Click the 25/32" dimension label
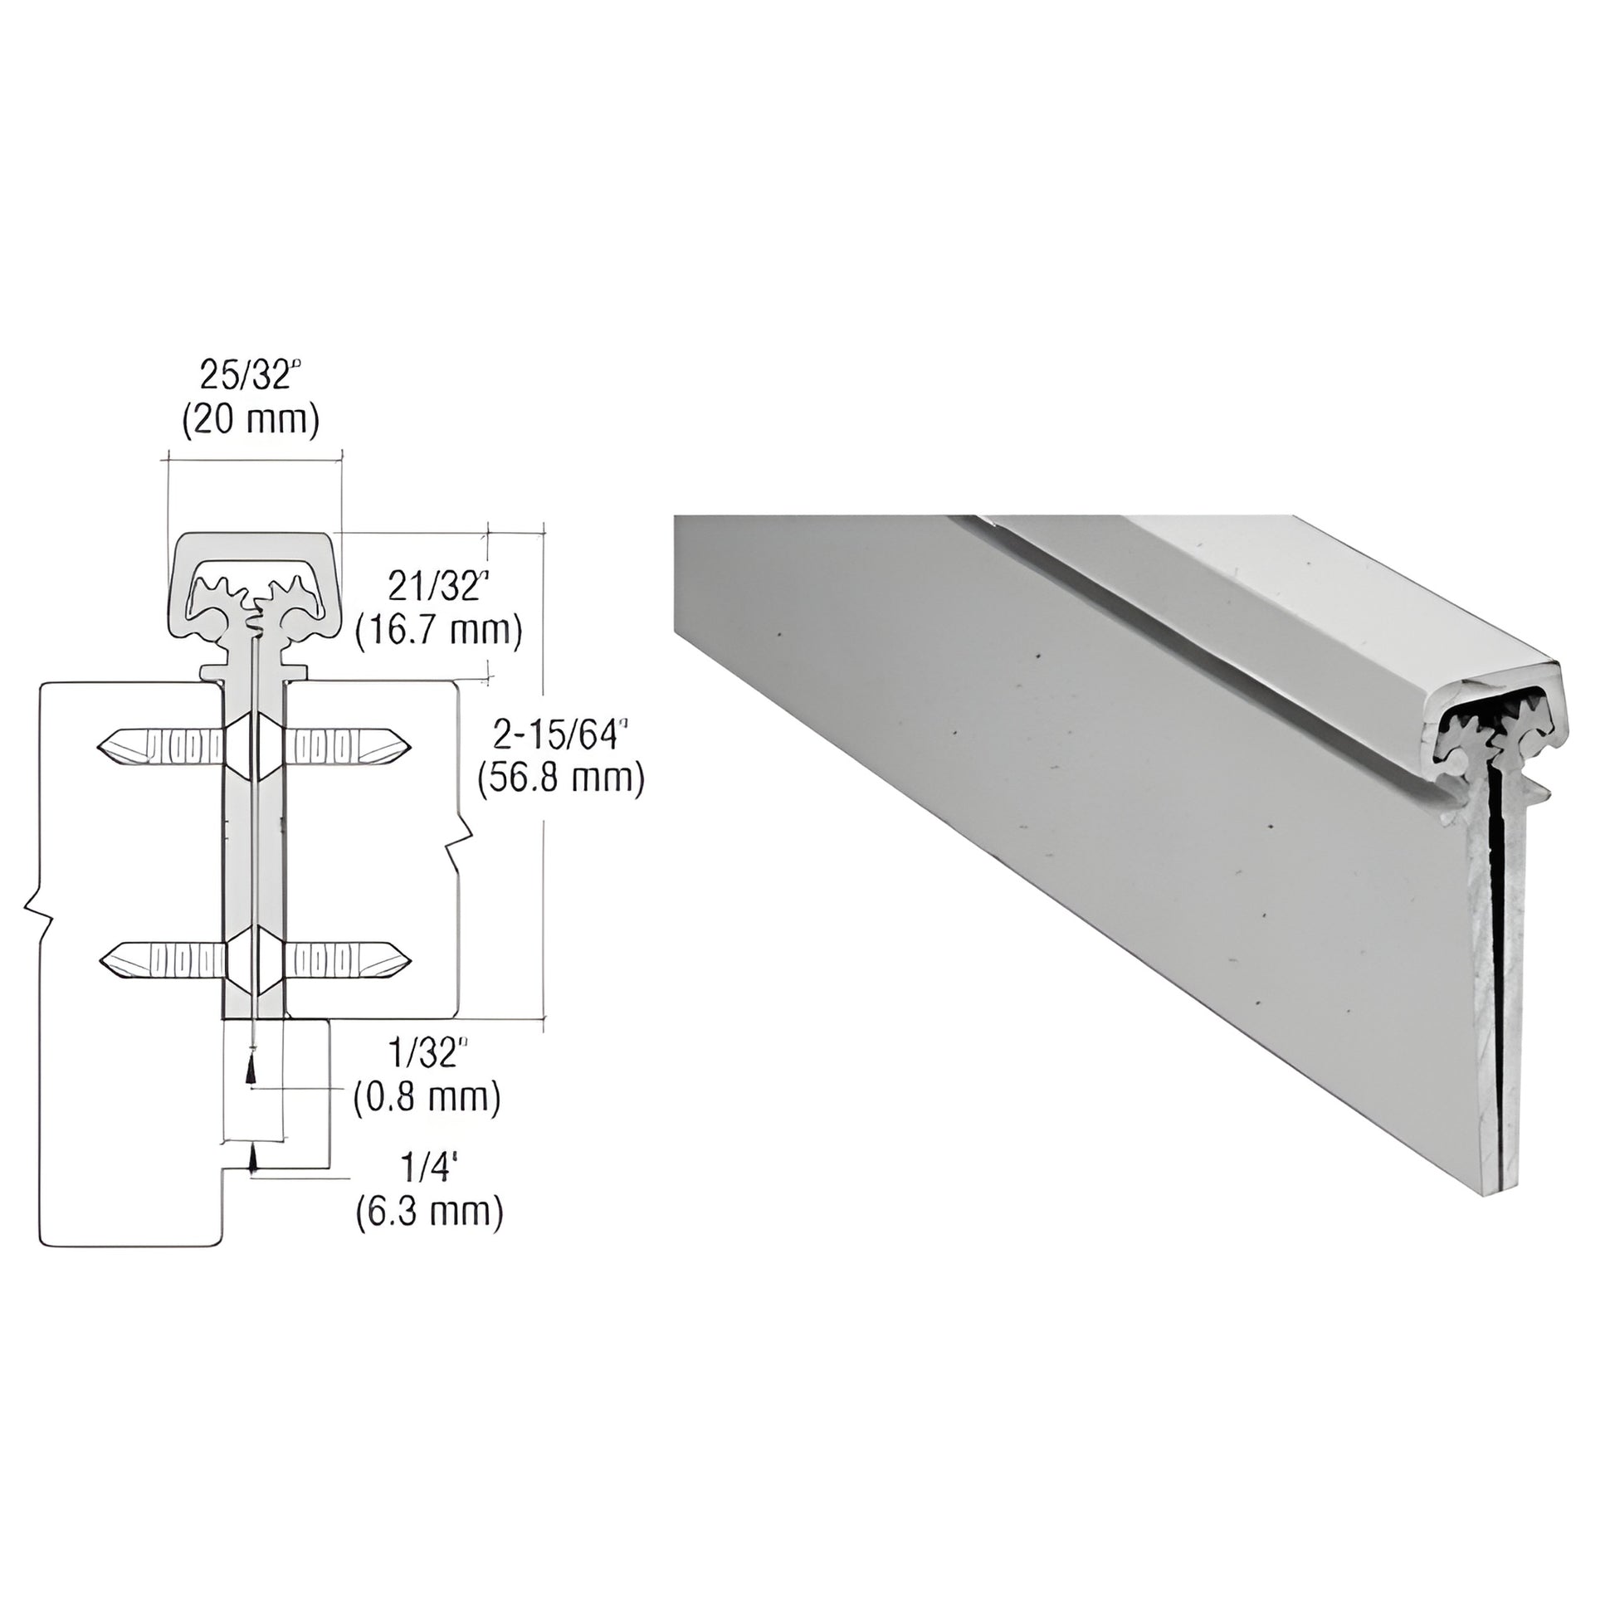tap(248, 375)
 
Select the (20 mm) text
tap(251, 421)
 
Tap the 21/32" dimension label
tap(437, 587)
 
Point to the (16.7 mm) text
tap(438, 631)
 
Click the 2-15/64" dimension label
tap(560, 734)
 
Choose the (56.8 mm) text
tap(560, 779)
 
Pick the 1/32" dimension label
tap(425, 1054)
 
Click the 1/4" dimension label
tap(426, 1169)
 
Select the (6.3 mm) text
tap(429, 1212)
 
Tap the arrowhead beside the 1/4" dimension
tap(251, 1160)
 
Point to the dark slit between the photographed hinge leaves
tap(1497, 961)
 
